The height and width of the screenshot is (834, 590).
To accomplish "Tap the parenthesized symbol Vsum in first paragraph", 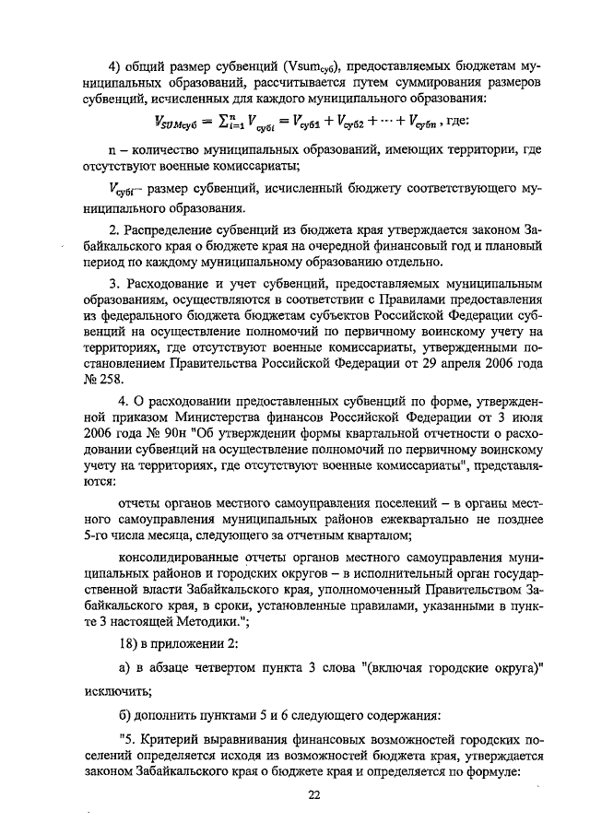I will pos(306,65).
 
